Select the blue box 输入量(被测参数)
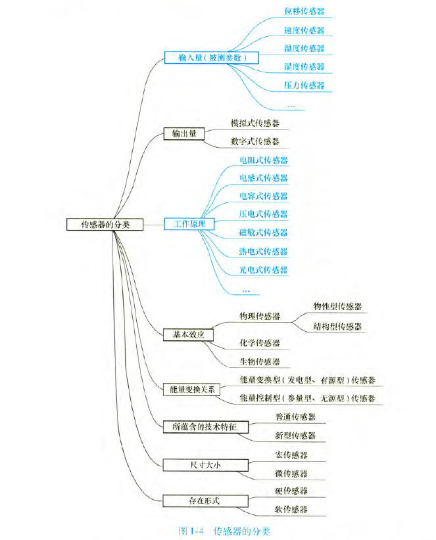coord(212,58)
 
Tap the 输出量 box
coord(184,133)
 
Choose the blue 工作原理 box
coord(190,224)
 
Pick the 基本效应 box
coord(189,334)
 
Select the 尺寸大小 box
coord(205,464)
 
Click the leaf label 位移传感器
coord(304,11)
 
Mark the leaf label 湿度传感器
coord(304,66)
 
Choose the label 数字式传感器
coord(255,141)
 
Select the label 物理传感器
coord(260,316)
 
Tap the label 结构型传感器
coord(337,326)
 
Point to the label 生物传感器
coord(260,361)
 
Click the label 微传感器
coord(290,473)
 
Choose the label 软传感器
coord(290,509)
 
